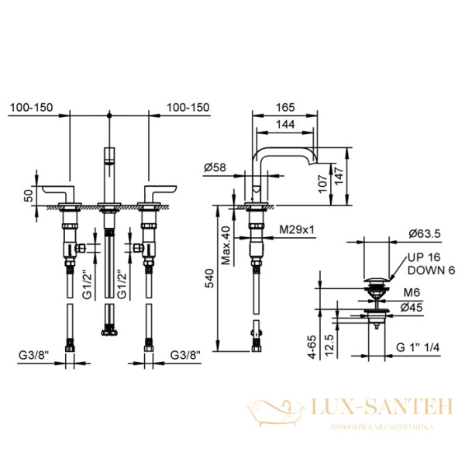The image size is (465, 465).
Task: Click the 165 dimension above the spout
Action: tap(285, 108)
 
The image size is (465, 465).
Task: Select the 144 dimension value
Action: tap(285, 124)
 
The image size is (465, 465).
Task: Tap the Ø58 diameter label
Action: tap(215, 168)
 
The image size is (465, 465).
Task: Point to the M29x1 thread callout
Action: tap(297, 229)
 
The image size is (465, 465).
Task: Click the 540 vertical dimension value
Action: tap(210, 278)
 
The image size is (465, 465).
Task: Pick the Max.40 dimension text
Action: tap(226, 245)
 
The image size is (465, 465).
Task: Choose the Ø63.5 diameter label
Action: tap(425, 234)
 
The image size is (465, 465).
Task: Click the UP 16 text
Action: tap(424, 257)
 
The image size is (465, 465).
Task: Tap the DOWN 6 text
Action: tap(431, 270)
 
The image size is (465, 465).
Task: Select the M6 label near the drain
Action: tap(412, 293)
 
